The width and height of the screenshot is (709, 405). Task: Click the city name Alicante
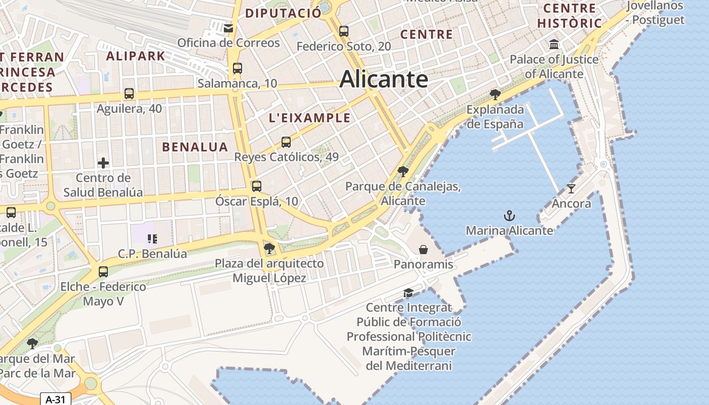click(x=384, y=79)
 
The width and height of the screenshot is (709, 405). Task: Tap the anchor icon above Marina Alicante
click(x=509, y=216)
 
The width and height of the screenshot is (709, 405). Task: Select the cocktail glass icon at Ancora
click(x=571, y=189)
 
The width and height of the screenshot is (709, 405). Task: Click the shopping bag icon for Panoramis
click(x=423, y=250)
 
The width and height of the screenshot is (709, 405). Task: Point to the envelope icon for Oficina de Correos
click(x=229, y=28)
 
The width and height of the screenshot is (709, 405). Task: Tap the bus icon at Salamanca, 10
click(x=237, y=68)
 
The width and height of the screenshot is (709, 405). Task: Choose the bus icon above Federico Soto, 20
click(x=344, y=31)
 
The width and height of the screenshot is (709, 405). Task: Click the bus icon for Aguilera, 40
click(x=129, y=94)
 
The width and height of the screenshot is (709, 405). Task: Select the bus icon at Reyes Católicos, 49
click(x=286, y=142)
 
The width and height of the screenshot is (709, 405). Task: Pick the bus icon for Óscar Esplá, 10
click(x=257, y=186)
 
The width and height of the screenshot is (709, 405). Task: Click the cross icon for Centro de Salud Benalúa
click(x=103, y=163)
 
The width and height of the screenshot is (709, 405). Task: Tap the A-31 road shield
click(x=55, y=399)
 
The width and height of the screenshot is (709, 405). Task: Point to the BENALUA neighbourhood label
click(x=195, y=147)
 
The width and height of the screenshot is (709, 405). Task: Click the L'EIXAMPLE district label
click(x=309, y=118)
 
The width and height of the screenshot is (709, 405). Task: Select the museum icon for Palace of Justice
click(x=554, y=45)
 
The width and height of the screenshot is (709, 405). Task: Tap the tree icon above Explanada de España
click(x=495, y=95)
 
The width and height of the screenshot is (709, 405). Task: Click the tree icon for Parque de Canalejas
click(x=403, y=172)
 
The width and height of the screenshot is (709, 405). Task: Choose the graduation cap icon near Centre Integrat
click(x=408, y=293)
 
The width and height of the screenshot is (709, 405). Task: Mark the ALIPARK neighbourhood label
click(x=135, y=56)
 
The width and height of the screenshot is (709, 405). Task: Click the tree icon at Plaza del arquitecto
click(x=269, y=249)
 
